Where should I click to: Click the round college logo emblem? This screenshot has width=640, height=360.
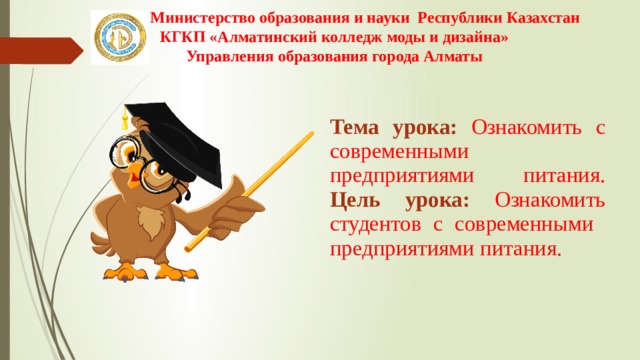[x=119, y=38]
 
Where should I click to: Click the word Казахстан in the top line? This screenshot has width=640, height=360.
[x=535, y=17]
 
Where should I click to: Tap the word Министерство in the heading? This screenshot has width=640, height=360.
[x=192, y=17]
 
